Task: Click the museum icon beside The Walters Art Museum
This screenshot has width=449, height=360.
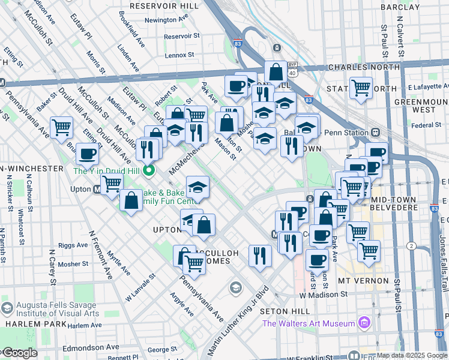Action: coord(363,324)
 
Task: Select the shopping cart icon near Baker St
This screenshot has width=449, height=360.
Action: coord(61,127)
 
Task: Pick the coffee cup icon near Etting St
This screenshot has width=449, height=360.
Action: coord(87,154)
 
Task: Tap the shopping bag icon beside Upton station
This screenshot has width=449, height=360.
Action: coord(131,200)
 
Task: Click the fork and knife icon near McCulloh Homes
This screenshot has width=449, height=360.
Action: coord(261,254)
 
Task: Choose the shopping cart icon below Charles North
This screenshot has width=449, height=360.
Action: coord(361,88)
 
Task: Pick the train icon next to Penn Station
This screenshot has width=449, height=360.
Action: coord(376,133)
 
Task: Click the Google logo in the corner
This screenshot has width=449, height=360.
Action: coord(19,353)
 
